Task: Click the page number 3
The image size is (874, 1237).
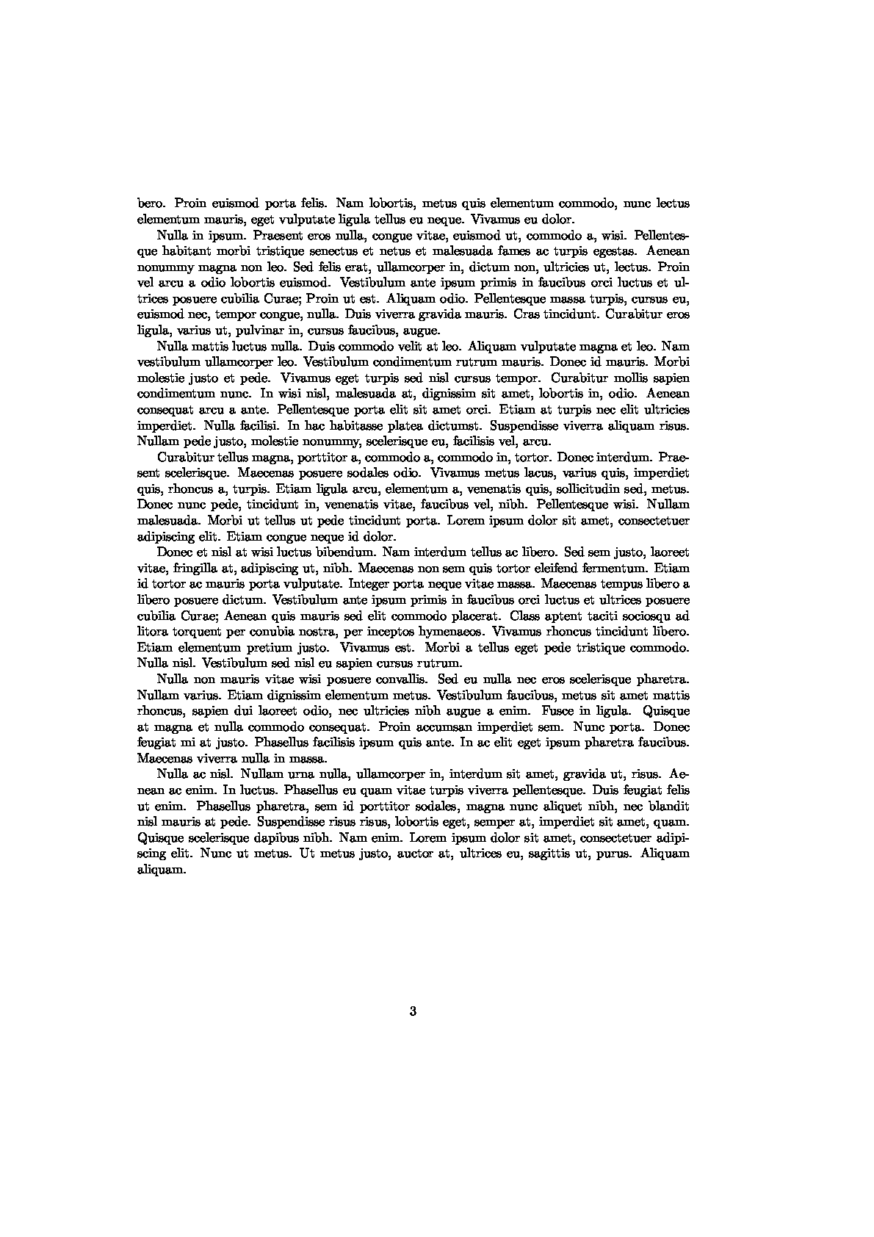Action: tap(413, 1011)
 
